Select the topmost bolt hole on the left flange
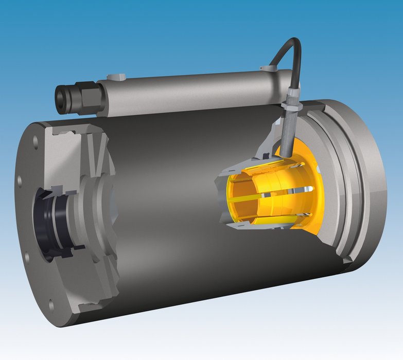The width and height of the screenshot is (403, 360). tap(36, 139)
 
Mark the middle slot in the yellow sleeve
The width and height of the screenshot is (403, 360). tap(268, 196)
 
